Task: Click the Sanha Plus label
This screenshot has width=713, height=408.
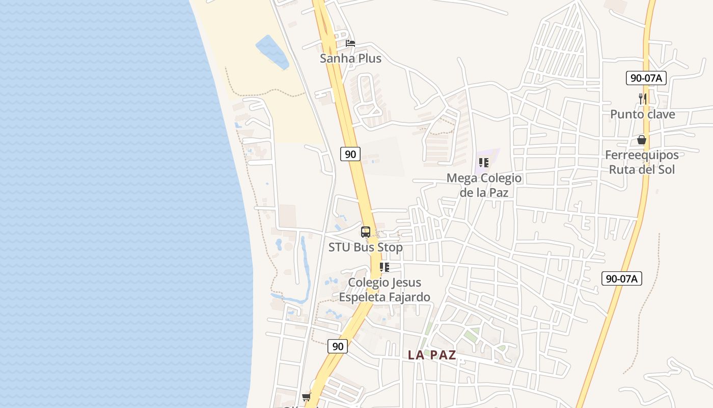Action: (350, 59)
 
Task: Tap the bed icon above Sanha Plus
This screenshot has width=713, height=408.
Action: (350, 43)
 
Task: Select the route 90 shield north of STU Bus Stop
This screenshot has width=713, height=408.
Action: (350, 154)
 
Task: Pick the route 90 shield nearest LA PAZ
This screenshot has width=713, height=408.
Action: (337, 346)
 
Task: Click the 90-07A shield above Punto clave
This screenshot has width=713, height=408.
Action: (646, 78)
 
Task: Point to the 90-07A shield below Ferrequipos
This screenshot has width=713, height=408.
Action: (622, 278)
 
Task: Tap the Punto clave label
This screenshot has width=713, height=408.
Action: (643, 114)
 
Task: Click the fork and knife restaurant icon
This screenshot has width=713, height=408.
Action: (643, 98)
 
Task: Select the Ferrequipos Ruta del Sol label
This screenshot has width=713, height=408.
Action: (642, 162)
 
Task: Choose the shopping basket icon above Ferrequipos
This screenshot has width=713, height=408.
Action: (642, 140)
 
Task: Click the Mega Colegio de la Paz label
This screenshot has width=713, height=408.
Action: (484, 185)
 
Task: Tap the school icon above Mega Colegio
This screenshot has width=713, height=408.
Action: (484, 163)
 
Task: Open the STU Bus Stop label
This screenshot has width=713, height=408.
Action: (366, 247)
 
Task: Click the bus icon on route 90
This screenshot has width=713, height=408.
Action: (366, 232)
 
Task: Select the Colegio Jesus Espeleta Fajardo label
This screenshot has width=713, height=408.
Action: (385, 290)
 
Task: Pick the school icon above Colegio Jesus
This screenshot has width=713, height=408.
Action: (385, 267)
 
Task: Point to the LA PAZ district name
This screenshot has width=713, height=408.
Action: (432, 355)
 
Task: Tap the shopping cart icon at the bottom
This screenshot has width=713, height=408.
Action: (306, 397)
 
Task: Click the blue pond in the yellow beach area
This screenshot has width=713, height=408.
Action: (271, 52)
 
